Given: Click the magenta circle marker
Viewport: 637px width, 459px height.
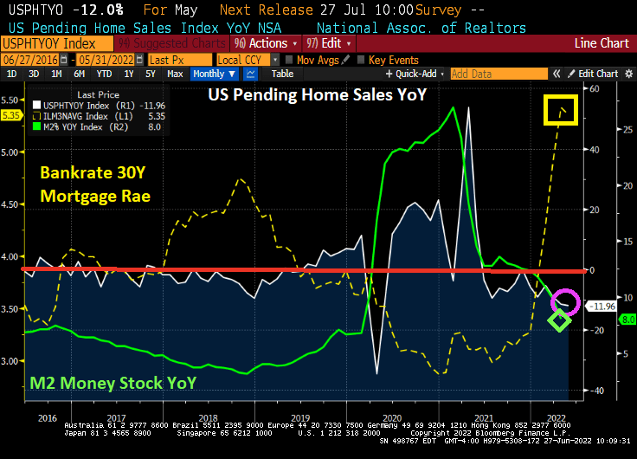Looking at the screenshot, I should click(x=564, y=302).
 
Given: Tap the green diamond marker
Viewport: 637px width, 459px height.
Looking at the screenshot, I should click(x=560, y=320).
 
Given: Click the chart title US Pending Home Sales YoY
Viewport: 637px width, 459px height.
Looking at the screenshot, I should click(x=317, y=94).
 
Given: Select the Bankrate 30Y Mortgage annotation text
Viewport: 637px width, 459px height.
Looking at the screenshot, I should click(x=95, y=184).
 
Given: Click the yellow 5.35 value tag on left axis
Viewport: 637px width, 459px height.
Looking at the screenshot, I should click(x=11, y=113).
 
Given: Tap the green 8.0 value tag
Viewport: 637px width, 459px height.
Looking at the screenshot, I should click(x=627, y=319).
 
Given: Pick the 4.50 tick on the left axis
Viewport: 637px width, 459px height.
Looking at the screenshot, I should click(x=10, y=204).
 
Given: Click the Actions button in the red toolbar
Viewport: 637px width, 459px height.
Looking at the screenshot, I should click(x=266, y=43).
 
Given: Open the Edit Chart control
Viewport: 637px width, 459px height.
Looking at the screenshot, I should click(x=598, y=74).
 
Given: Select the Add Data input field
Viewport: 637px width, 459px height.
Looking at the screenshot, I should click(x=499, y=74).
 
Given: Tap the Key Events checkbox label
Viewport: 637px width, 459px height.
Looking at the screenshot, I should click(x=393, y=60).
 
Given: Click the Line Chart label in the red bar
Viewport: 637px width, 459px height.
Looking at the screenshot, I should click(x=602, y=43).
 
